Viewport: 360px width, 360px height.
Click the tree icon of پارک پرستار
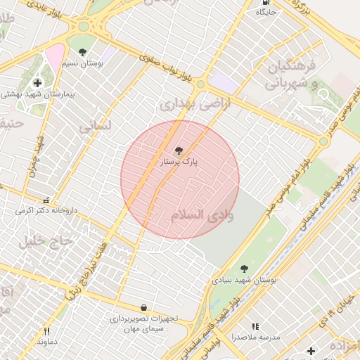click(x=177, y=150)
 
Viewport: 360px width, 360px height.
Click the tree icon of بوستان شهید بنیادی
click(x=244, y=269)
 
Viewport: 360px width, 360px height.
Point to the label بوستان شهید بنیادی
click(x=244, y=280)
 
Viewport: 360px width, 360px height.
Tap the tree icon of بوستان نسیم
click(x=83, y=52)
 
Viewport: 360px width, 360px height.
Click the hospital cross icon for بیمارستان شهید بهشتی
click(x=37, y=83)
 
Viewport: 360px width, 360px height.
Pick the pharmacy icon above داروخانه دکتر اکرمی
click(x=47, y=200)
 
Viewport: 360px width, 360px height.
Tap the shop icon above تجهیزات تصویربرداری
click(x=144, y=307)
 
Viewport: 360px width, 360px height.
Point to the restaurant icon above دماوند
click(x=47, y=331)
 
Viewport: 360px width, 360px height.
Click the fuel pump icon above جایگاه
click(x=264, y=2)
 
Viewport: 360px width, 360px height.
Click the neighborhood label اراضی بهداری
click(x=186, y=105)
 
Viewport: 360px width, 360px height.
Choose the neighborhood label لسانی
click(x=96, y=127)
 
